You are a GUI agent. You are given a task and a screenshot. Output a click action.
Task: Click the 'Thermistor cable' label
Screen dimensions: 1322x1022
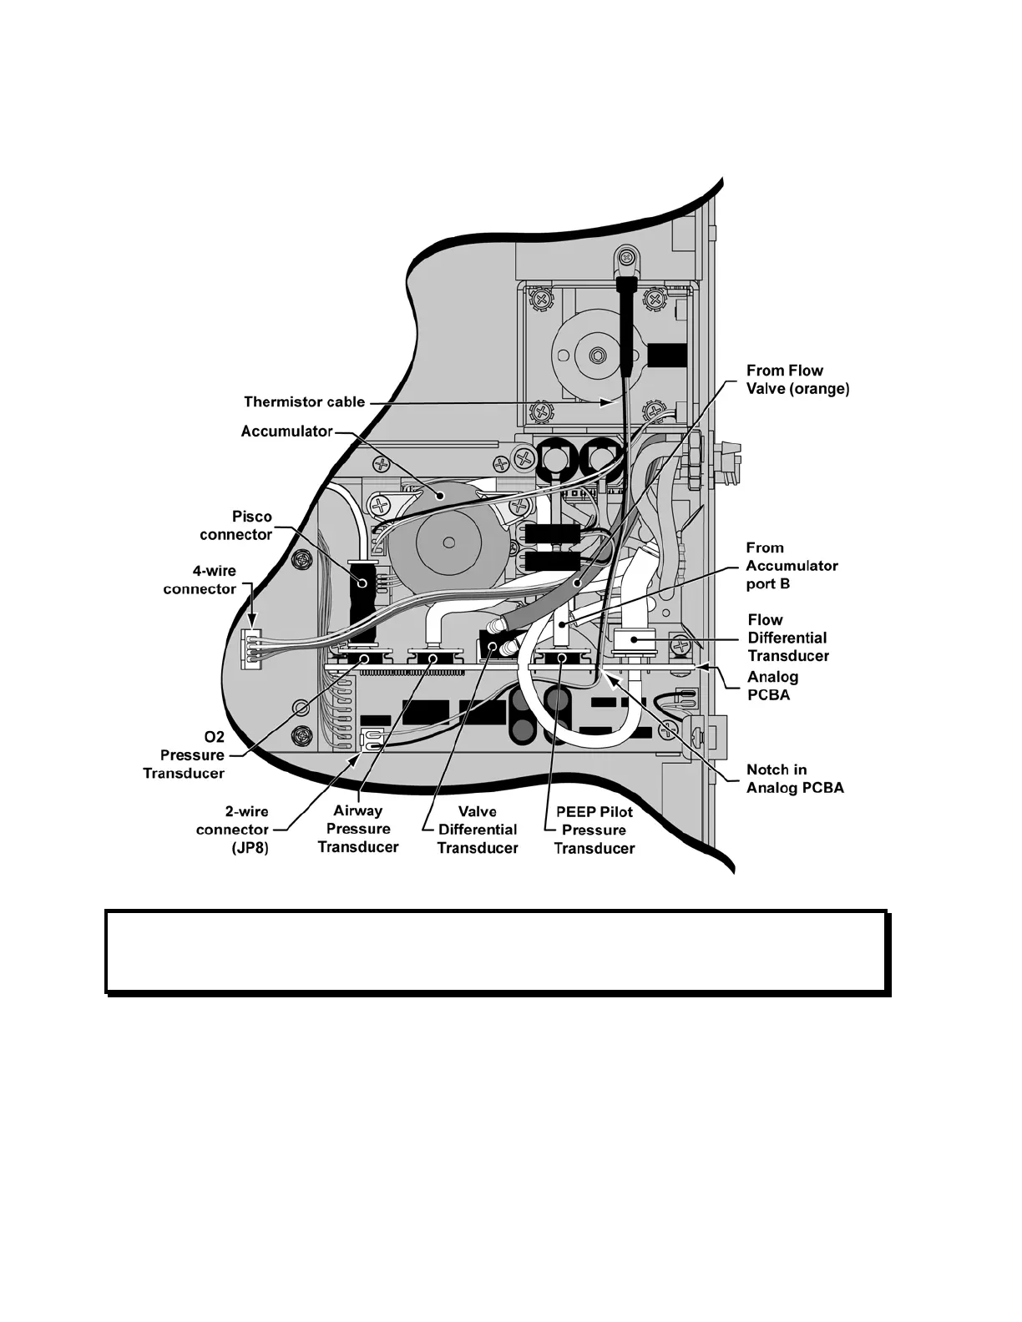[x=304, y=402]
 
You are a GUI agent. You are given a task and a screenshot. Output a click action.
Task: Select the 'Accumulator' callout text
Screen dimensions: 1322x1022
[x=286, y=431]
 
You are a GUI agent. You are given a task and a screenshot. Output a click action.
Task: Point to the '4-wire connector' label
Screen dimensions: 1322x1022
[x=200, y=580]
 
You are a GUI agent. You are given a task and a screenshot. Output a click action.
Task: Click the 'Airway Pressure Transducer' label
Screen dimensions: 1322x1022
[x=358, y=829]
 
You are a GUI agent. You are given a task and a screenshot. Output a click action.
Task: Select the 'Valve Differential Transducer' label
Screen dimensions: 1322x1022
[x=477, y=830]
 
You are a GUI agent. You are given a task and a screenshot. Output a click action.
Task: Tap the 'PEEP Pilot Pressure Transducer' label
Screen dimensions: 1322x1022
[x=594, y=830]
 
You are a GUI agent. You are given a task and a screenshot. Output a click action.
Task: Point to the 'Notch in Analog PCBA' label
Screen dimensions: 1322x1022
[x=795, y=779]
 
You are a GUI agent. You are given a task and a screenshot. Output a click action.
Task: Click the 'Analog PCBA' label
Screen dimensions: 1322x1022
[x=772, y=685]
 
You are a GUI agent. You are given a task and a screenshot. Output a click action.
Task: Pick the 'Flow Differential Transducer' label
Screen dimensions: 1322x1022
[x=788, y=638]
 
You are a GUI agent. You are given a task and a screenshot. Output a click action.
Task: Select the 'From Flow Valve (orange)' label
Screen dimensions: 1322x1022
[x=797, y=380]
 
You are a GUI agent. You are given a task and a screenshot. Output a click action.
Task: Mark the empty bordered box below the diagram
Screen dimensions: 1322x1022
[x=496, y=951]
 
